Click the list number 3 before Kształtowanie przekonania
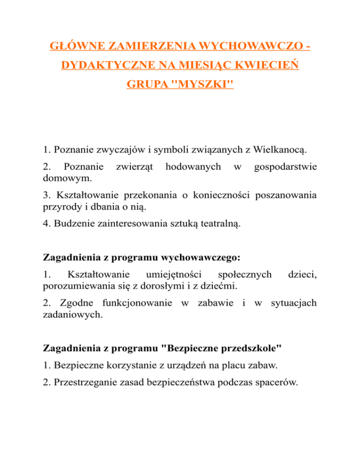click(x=45, y=195)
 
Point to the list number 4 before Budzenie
click(x=45, y=225)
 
